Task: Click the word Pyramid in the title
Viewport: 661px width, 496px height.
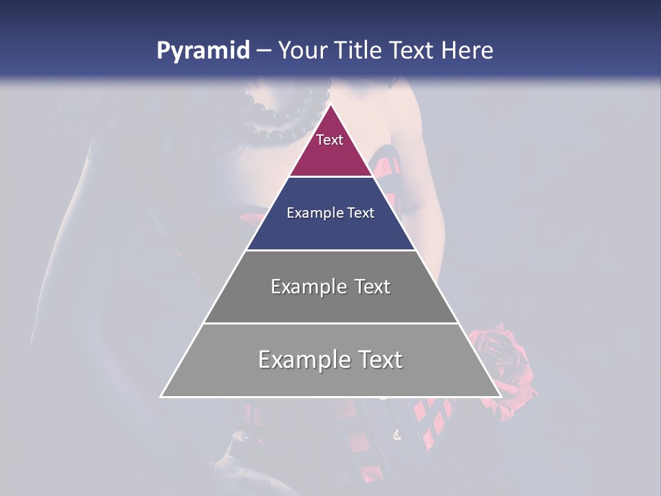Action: (202, 51)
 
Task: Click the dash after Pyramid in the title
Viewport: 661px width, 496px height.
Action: (263, 51)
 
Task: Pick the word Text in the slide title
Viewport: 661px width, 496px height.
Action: (412, 50)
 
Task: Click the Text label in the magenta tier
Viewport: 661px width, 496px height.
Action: (330, 140)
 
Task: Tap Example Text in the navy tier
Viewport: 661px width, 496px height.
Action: (330, 213)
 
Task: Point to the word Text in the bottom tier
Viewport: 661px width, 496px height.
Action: (377, 360)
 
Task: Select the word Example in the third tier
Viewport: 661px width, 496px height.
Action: (308, 287)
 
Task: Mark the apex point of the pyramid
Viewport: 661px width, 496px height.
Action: (330, 105)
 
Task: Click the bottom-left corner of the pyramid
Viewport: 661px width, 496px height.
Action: (162, 396)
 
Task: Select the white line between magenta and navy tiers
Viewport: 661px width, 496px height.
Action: (330, 177)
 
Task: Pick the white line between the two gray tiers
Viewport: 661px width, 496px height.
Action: (330, 323)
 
